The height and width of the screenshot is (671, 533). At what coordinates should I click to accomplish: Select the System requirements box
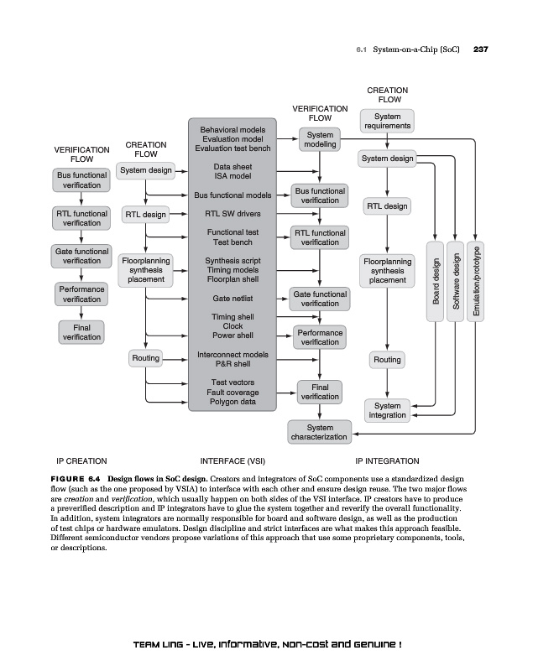click(x=387, y=122)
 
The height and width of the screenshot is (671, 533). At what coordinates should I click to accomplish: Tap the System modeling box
click(x=320, y=139)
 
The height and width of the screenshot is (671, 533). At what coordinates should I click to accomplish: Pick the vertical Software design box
click(x=457, y=281)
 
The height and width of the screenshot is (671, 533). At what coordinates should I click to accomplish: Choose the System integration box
click(x=387, y=410)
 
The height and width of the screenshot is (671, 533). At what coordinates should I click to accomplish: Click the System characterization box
click(x=320, y=432)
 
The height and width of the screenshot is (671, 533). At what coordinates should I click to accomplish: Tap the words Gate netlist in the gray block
click(x=233, y=299)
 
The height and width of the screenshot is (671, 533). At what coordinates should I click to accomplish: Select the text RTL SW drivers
click(x=233, y=213)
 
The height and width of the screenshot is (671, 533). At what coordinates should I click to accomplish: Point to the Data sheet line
click(x=233, y=166)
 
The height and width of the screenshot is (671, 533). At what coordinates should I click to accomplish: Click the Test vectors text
click(x=233, y=382)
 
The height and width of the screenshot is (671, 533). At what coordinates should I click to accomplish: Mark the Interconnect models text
click(x=233, y=354)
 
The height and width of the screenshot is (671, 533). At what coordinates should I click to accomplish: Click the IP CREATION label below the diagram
click(x=81, y=460)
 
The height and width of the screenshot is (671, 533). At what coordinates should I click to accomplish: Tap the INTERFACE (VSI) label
click(x=233, y=460)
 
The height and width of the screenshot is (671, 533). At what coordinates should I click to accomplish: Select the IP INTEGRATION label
click(x=387, y=460)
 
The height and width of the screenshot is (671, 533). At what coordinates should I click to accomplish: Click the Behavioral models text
click(x=233, y=130)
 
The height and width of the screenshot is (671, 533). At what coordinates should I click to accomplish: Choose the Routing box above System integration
click(x=387, y=360)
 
